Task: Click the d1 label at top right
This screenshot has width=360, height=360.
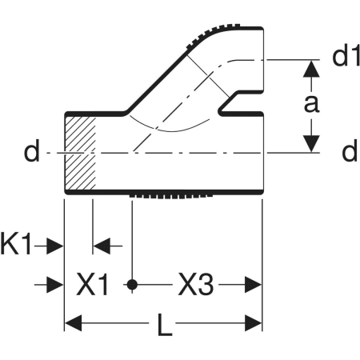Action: click(346, 57)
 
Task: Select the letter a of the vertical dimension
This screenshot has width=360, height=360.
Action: click(311, 104)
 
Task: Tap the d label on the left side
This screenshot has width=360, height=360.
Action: click(32, 151)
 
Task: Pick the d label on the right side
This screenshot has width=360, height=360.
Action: click(350, 151)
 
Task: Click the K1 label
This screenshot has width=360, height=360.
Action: click(16, 244)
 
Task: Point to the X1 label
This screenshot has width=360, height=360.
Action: click(92, 285)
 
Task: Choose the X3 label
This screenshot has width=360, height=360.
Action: click(196, 285)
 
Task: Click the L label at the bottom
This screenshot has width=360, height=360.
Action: click(165, 325)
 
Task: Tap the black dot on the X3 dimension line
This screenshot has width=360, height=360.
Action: click(132, 285)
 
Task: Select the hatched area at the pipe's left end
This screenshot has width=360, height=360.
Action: click(80, 153)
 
